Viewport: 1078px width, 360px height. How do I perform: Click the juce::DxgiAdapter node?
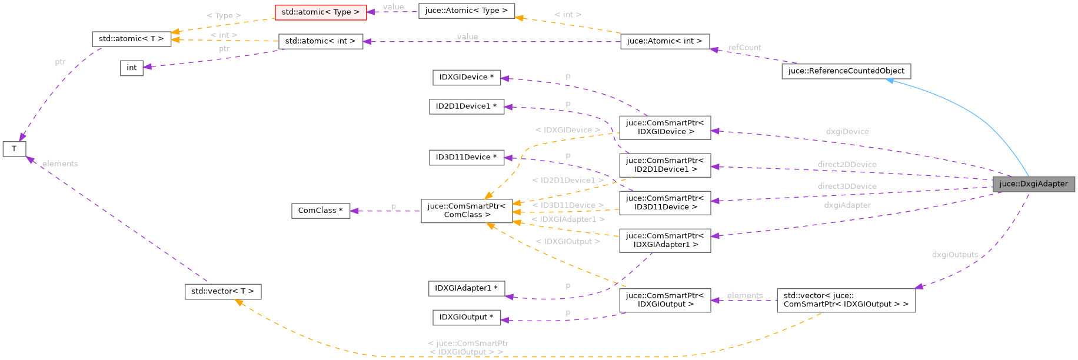[1033, 184]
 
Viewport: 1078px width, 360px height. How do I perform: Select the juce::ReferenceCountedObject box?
[846, 71]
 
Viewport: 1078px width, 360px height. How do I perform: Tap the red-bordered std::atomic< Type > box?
[321, 12]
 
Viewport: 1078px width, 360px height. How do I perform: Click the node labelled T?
[14, 149]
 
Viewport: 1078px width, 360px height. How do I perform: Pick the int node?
[132, 68]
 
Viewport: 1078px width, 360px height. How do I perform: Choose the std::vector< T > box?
[222, 291]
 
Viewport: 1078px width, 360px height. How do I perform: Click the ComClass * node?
[320, 211]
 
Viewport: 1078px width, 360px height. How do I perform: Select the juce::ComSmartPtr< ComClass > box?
[467, 211]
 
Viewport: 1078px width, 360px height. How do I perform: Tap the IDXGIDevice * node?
[466, 77]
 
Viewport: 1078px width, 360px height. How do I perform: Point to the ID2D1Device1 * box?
[466, 106]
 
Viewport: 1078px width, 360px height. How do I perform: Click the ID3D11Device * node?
[466, 157]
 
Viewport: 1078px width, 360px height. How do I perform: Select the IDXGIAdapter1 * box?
[466, 288]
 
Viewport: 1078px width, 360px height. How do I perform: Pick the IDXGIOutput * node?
[466, 317]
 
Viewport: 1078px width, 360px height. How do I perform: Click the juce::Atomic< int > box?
[664, 41]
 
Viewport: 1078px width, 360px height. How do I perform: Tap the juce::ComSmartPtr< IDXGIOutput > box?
[664, 300]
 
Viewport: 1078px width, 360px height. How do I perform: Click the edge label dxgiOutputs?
[954, 255]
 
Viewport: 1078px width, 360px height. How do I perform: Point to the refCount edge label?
[744, 48]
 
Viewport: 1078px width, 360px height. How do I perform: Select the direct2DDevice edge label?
[847, 165]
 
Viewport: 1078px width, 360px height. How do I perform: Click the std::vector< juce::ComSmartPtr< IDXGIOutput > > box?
[846, 300]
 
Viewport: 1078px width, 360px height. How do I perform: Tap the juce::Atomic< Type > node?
[466, 11]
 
